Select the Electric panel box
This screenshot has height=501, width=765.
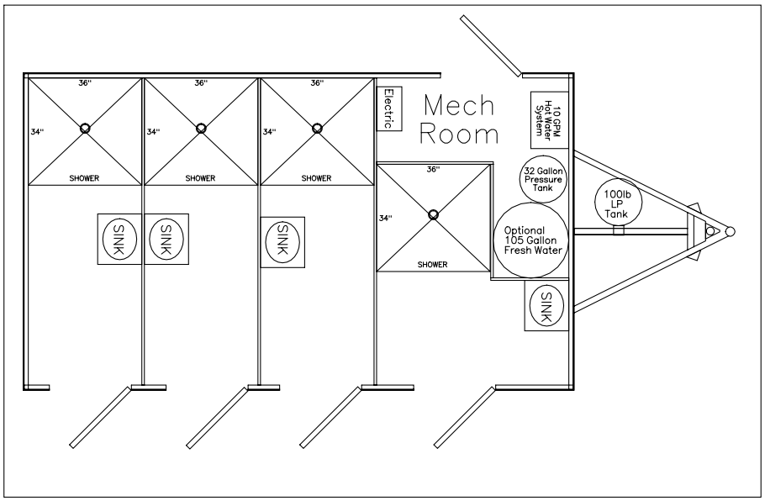[x=388, y=108]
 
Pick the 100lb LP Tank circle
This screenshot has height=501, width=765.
[x=617, y=203]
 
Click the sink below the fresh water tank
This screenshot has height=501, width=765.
[x=547, y=306]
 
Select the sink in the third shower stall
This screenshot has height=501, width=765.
[x=282, y=242]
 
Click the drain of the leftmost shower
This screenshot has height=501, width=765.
[x=85, y=129]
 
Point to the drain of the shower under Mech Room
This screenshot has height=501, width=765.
[x=433, y=214]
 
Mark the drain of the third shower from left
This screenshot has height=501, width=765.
[x=317, y=129]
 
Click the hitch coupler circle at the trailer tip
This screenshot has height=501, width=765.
[x=730, y=232]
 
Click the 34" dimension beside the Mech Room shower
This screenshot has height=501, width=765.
[x=386, y=218]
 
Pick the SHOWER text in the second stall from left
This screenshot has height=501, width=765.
[x=200, y=178]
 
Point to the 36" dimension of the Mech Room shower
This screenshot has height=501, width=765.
[x=433, y=169]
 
